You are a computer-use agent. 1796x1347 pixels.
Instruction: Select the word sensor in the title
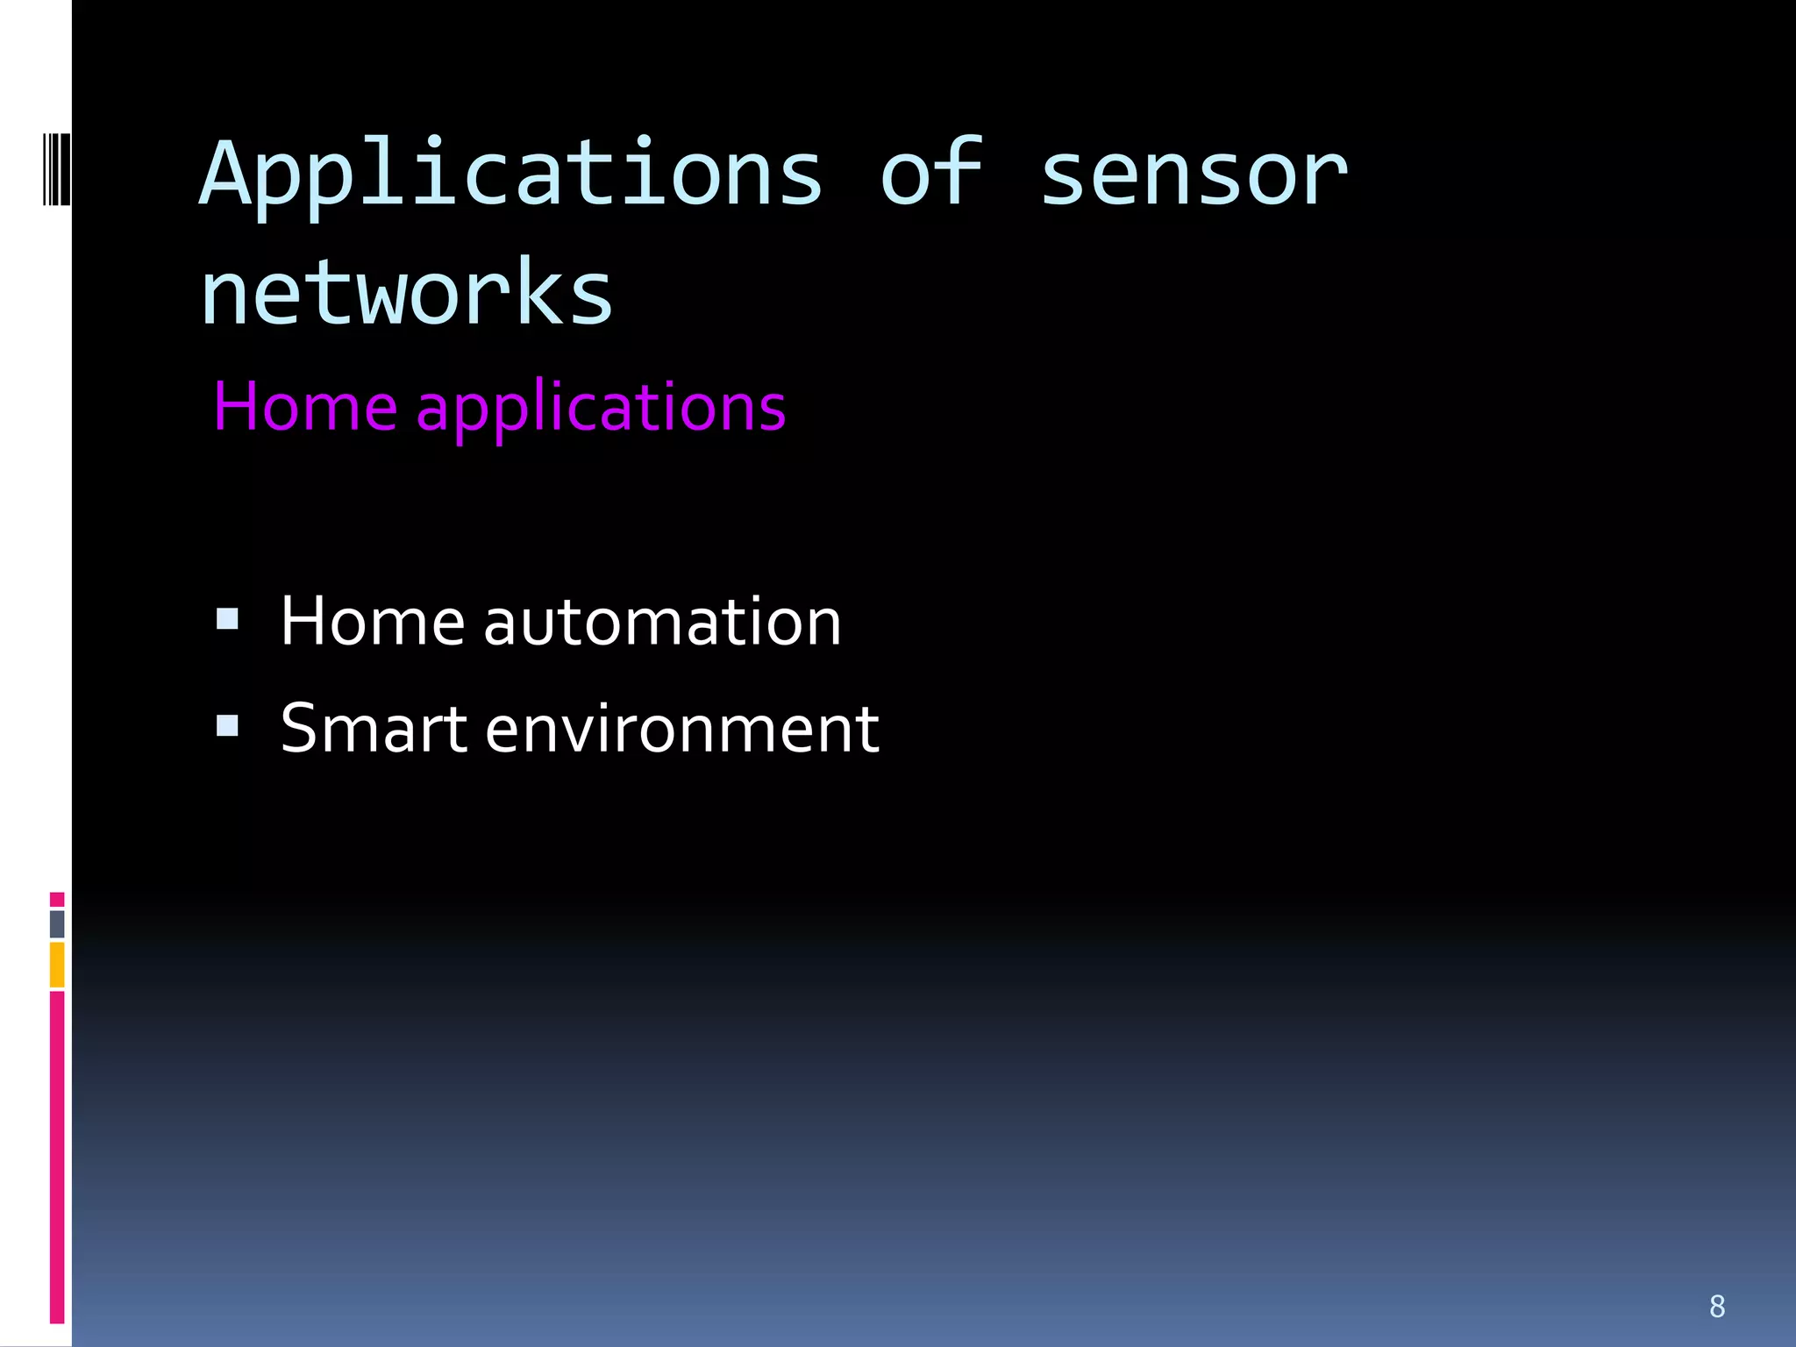[1193, 175]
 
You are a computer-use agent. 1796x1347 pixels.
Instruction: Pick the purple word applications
[601, 409]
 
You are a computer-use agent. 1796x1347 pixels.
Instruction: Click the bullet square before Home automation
[227, 620]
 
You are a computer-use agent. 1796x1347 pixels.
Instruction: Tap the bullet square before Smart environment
[227, 726]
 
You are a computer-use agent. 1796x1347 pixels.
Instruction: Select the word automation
[662, 622]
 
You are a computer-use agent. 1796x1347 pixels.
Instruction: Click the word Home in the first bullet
[372, 622]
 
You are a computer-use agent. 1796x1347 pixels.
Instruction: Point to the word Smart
[374, 729]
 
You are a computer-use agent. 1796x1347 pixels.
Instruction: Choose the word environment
[681, 730]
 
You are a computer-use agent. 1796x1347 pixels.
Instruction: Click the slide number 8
[1717, 1306]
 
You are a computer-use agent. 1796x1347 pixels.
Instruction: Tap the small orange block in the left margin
[57, 965]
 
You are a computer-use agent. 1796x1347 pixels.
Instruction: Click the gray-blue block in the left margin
[57, 923]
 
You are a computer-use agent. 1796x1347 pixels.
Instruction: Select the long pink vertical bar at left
[57, 1158]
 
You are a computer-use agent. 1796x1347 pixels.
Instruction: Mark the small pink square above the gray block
[57, 899]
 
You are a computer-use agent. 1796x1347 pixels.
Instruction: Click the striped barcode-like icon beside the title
[56, 168]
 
